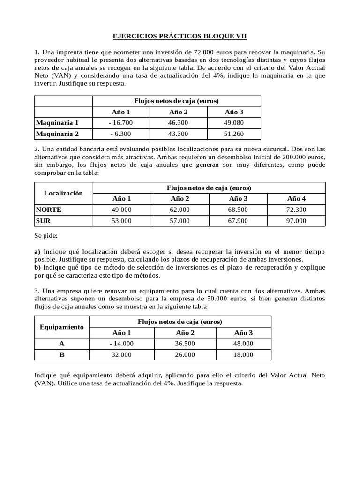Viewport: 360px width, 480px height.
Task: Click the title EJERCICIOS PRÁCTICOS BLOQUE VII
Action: [x=180, y=36]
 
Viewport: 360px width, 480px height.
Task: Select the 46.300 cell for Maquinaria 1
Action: [x=178, y=123]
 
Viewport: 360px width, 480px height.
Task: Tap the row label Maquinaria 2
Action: [x=57, y=134]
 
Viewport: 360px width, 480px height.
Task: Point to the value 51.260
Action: [x=234, y=134]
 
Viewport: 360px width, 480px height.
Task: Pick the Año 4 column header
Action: [x=296, y=199]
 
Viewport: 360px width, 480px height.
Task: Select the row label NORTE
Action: [x=49, y=210]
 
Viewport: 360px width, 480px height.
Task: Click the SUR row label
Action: [x=43, y=221]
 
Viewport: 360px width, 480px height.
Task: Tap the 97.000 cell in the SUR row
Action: [x=296, y=221]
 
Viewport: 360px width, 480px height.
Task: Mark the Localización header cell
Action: [x=63, y=193]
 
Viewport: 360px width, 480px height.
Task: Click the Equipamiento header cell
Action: [x=62, y=327]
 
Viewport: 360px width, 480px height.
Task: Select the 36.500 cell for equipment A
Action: [x=185, y=344]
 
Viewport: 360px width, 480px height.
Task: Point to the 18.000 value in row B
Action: [x=243, y=355]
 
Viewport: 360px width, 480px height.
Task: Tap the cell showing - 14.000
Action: [x=122, y=344]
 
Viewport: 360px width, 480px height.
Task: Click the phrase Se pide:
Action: [x=46, y=236]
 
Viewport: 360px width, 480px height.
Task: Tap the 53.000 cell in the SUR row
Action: [x=122, y=221]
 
